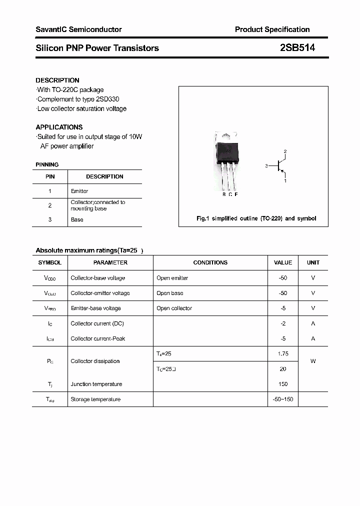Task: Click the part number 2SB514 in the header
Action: [297, 48]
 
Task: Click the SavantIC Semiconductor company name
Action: [78, 29]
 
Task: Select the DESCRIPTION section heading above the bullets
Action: [57, 80]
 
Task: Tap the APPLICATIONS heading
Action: [59, 127]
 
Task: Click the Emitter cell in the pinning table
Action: [79, 191]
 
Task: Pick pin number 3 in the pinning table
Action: [50, 219]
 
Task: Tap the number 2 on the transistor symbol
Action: [285, 151]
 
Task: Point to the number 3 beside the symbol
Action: [267, 165]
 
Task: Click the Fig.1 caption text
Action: [256, 218]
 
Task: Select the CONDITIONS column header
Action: [210, 262]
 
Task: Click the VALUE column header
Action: [283, 262]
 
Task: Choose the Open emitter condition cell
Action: [172, 278]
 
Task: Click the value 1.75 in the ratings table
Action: [283, 353]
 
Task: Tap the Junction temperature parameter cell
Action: [96, 384]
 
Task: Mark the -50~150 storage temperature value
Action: [283, 399]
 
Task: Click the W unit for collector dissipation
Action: [313, 361]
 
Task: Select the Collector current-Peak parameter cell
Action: [98, 338]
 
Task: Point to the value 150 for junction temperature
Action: [283, 384]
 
